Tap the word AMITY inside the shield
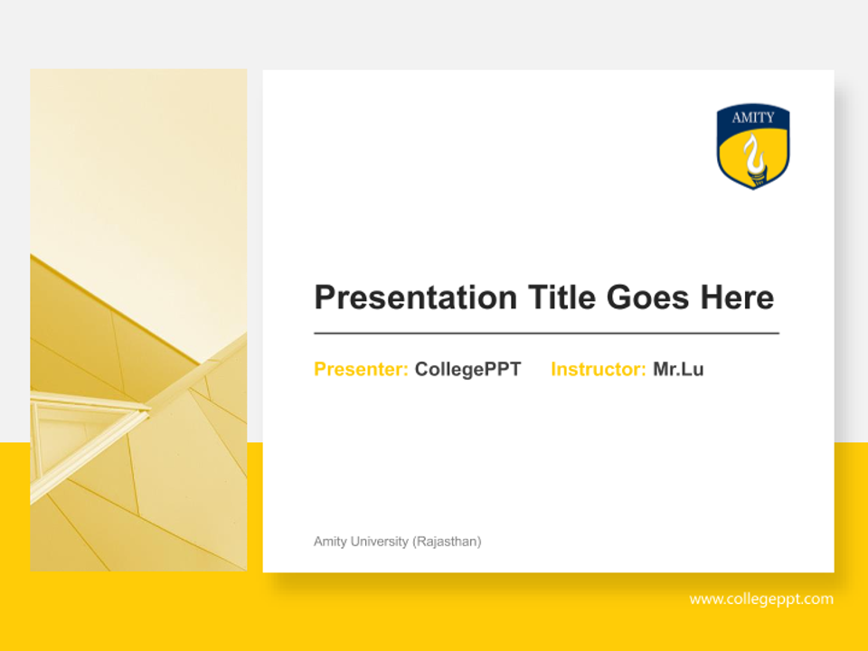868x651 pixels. [753, 118]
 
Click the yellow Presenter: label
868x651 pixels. [361, 370]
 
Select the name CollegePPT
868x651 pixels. [467, 370]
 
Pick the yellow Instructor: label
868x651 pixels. [598, 370]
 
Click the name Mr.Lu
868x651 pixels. [678, 370]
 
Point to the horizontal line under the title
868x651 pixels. [546, 334]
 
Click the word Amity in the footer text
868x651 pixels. [329, 542]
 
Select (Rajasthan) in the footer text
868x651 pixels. [447, 542]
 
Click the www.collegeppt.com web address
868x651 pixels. [761, 599]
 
